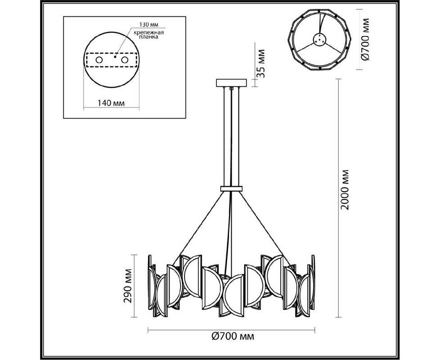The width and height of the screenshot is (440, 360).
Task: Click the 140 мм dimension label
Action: coord(111,103)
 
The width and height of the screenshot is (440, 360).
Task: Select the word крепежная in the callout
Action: coord(149,32)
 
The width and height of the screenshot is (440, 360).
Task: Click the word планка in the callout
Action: coord(149,37)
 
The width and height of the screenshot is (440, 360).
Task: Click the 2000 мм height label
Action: coord(345,190)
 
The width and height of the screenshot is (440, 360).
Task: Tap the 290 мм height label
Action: coord(128,286)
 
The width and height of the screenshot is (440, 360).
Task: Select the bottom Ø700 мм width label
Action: coord(233,336)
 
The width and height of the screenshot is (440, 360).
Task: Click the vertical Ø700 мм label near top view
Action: coord(365,39)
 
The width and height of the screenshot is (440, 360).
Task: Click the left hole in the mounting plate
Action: coord(99,60)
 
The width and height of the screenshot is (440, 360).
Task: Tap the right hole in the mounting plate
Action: coord(125,60)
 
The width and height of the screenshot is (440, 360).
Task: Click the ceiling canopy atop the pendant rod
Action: coord(231,83)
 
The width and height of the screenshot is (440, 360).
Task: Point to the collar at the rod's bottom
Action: coord(231,189)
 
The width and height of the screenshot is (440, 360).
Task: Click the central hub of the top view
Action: coord(319,40)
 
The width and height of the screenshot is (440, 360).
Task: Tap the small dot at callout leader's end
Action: coord(115,57)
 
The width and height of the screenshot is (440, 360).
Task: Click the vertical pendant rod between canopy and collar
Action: coord(231,136)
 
